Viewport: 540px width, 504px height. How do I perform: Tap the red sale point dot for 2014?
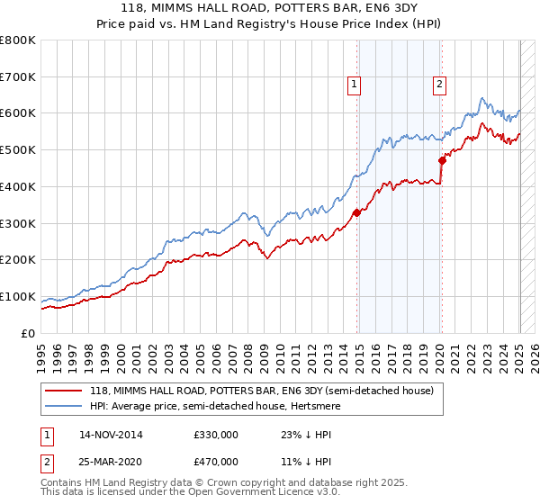pyautogui.click(x=357, y=212)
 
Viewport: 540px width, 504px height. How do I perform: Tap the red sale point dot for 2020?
pyautogui.click(x=442, y=161)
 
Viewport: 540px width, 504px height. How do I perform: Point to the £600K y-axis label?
pyautogui.click(x=18, y=113)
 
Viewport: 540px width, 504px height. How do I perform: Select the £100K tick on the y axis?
pyautogui.click(x=18, y=296)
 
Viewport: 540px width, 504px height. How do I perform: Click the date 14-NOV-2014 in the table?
pyautogui.click(x=111, y=435)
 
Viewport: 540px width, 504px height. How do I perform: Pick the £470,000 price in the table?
pyautogui.click(x=216, y=461)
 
